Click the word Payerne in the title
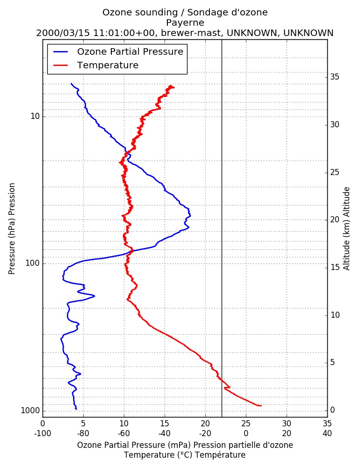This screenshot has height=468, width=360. point(185,22)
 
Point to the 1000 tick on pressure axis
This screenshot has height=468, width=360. point(30,411)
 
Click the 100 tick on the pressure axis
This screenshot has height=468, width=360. point(33,263)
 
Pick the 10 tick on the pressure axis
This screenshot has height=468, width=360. point(35,116)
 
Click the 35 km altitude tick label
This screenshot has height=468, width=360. point(335,77)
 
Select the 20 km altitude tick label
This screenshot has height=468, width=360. point(335,219)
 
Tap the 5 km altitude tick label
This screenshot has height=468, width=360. point(332,362)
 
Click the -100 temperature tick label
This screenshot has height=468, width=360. point(43,433)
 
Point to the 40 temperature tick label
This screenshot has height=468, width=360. point(327,433)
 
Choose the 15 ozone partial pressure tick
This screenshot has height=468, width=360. point(165,424)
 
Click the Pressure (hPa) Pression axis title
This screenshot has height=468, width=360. point(12,229)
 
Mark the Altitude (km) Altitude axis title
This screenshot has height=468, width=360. point(346,229)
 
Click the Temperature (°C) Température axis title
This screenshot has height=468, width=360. point(185,455)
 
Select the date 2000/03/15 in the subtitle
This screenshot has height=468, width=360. point(63,33)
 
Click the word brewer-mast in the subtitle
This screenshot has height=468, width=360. point(191,33)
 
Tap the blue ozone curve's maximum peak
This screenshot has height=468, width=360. point(190,215)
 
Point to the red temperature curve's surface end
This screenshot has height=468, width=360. point(261,406)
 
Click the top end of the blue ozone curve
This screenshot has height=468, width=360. point(71,84)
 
